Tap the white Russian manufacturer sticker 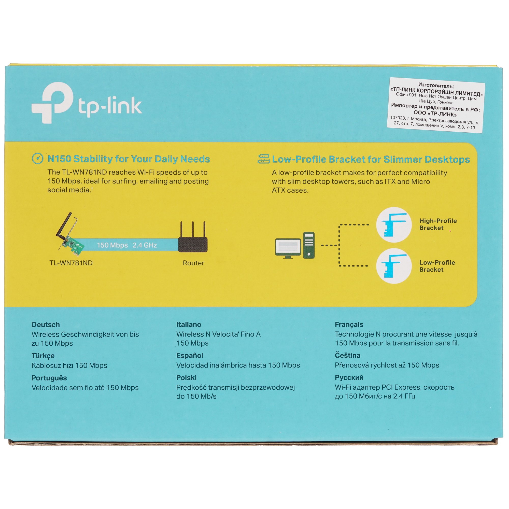pyautogui.click(x=436, y=105)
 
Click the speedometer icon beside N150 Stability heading pyautogui.click(x=37, y=159)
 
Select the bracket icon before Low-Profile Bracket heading pyautogui.click(x=264, y=159)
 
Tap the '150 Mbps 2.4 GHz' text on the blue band pyautogui.click(x=127, y=245)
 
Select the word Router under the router pyautogui.click(x=193, y=263)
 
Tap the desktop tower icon pyautogui.click(x=309, y=245)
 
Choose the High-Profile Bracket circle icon pyautogui.click(x=394, y=225)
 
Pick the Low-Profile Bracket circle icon pyautogui.click(x=394, y=266)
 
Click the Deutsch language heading pyautogui.click(x=46, y=324)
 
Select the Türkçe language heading pyautogui.click(x=43, y=356)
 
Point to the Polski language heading pyautogui.click(x=186, y=377)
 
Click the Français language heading pyautogui.click(x=349, y=324)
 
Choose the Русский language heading pyautogui.click(x=349, y=377)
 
